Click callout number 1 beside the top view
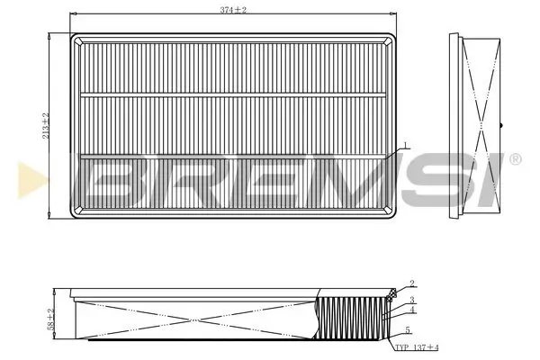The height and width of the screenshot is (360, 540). tap(406, 146)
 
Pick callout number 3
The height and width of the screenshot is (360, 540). tap(410, 300)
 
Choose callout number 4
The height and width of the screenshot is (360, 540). tap(410, 311)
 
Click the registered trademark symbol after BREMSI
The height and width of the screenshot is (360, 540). tap(514, 159)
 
